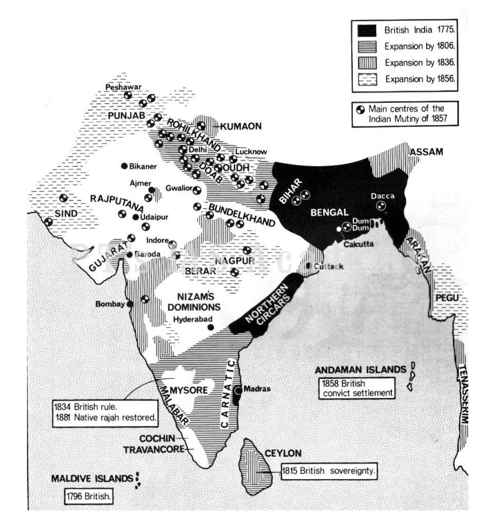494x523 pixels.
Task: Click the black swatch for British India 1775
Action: coord(367,30)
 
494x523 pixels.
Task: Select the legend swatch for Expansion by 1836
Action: coord(367,63)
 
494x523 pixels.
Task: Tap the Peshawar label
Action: coord(123,87)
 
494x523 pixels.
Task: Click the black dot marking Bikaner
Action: coord(124,166)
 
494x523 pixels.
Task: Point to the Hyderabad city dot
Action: coord(211,327)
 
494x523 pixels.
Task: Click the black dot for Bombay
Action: coord(130,304)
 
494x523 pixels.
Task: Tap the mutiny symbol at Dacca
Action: coord(381,205)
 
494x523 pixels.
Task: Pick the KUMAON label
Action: coord(241,126)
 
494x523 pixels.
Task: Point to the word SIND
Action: coord(66,213)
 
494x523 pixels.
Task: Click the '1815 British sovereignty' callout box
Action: coord(329,471)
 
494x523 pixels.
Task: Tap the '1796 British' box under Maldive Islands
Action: coord(89,496)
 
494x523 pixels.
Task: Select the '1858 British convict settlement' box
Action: coord(357,388)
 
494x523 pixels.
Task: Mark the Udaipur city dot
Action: coord(136,217)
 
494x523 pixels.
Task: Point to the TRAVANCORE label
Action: coord(154,450)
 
